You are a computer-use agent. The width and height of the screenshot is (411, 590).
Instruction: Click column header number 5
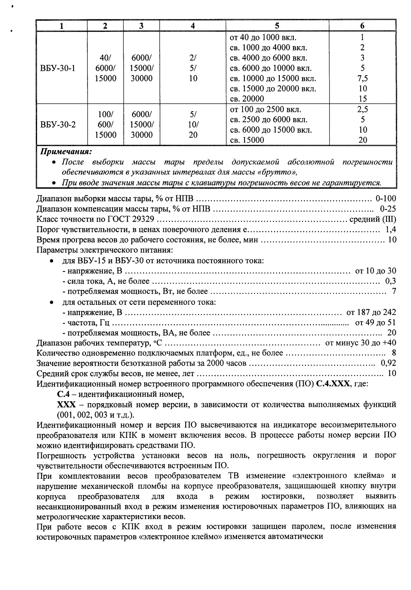(x=277, y=26)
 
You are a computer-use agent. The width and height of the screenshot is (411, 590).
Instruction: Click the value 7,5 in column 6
(x=362, y=79)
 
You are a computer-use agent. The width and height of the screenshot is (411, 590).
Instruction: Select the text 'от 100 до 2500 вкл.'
(x=265, y=110)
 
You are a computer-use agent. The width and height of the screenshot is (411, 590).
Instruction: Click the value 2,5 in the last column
(x=362, y=110)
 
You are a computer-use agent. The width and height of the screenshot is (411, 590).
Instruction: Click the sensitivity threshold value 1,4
(x=390, y=229)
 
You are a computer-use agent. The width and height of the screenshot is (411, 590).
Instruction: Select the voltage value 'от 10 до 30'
(x=375, y=271)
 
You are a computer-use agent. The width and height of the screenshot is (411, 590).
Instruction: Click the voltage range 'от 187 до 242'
(x=371, y=312)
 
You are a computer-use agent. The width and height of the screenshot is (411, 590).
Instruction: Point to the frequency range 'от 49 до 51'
(x=375, y=323)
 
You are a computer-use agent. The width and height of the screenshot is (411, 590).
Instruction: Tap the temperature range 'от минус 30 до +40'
(x=361, y=343)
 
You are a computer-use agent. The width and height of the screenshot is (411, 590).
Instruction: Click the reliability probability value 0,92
(x=388, y=363)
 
